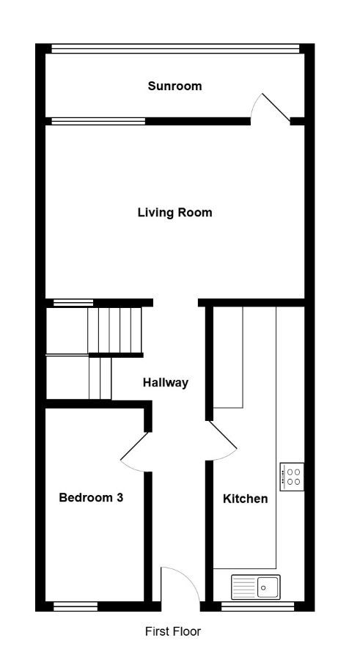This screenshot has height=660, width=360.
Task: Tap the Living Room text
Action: [x=175, y=213]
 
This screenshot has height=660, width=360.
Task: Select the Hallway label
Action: [x=166, y=383]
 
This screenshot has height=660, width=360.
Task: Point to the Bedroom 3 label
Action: [x=91, y=497]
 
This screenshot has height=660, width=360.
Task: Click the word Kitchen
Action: [x=245, y=499]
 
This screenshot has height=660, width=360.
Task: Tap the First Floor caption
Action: [x=173, y=631]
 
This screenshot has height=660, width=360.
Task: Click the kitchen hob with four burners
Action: [x=292, y=477]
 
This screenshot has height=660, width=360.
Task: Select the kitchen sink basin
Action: [x=268, y=587]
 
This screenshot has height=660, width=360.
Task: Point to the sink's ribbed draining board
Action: [x=244, y=587]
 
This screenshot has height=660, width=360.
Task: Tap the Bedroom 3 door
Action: [x=134, y=450]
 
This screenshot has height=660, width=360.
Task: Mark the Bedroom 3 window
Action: [x=76, y=606]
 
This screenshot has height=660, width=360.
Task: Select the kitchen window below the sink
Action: [x=257, y=606]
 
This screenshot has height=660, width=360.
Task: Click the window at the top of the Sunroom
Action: [x=175, y=48]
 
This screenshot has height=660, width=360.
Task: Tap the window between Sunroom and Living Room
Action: [x=98, y=121]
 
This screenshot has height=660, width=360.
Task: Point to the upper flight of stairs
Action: [x=114, y=330]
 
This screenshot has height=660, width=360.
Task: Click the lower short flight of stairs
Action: [x=100, y=378]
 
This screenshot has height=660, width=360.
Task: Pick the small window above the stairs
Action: [x=73, y=302]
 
